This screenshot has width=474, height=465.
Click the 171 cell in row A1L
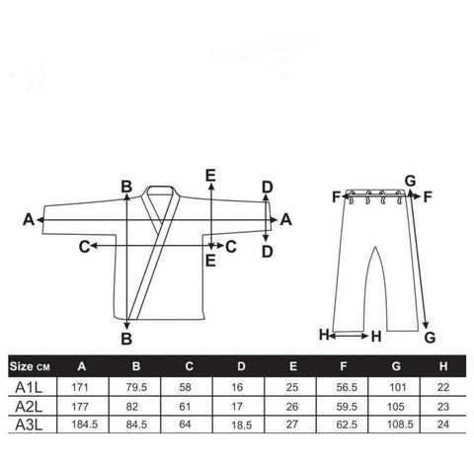pos(80,387)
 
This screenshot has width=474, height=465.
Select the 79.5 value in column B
pos(136,387)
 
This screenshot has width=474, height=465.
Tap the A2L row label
pos(29,407)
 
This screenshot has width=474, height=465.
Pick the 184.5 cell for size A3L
pos(85,425)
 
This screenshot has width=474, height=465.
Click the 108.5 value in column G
pos(400,425)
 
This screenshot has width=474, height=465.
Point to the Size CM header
pos(30,366)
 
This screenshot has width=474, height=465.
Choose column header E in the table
pos(293,366)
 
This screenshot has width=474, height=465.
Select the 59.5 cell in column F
pos(347,407)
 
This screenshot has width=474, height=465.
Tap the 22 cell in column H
pos(443,387)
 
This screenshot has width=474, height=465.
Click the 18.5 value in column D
pos(241,425)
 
